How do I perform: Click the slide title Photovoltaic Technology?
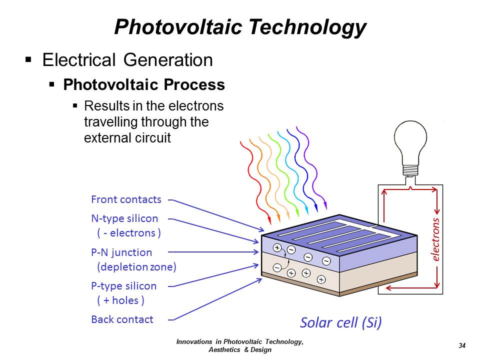240,27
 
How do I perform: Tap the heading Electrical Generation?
127,59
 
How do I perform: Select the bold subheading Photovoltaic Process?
144,84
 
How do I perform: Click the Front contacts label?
126,199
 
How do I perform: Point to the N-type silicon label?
124,218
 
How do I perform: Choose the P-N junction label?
121,252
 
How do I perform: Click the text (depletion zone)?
136,267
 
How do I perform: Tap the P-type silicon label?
123,286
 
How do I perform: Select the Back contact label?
122,319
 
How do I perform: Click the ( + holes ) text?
120,300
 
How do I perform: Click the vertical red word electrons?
435,239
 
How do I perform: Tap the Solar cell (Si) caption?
340,322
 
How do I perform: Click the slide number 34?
462,345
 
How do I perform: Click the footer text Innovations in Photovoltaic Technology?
240,341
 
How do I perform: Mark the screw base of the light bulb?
410,170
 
